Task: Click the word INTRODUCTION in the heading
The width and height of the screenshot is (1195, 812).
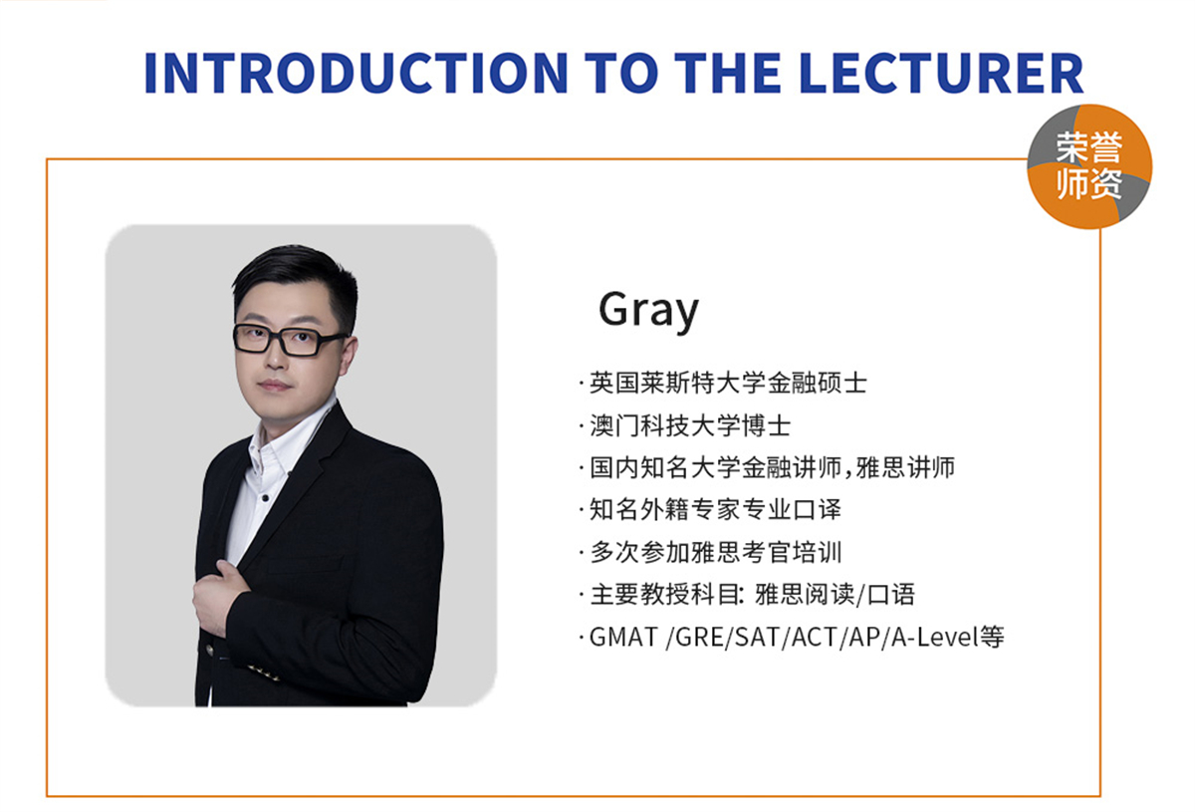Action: click(356, 73)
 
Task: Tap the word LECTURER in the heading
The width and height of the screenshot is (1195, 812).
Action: click(941, 73)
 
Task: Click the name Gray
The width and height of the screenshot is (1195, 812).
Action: click(648, 310)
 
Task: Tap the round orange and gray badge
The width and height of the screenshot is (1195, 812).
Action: click(1089, 166)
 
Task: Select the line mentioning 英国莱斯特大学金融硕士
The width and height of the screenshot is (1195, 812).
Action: click(728, 383)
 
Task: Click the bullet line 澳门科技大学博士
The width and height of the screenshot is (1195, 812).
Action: click(690, 425)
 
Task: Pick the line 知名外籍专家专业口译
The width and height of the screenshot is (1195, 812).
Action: click(715, 509)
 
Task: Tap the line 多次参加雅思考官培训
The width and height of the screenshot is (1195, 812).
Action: click(715, 552)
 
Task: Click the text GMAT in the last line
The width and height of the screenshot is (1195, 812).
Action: click(622, 637)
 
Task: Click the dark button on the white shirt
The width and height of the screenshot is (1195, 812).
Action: click(265, 498)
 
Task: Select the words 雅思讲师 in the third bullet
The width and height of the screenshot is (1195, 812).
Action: click(905, 467)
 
